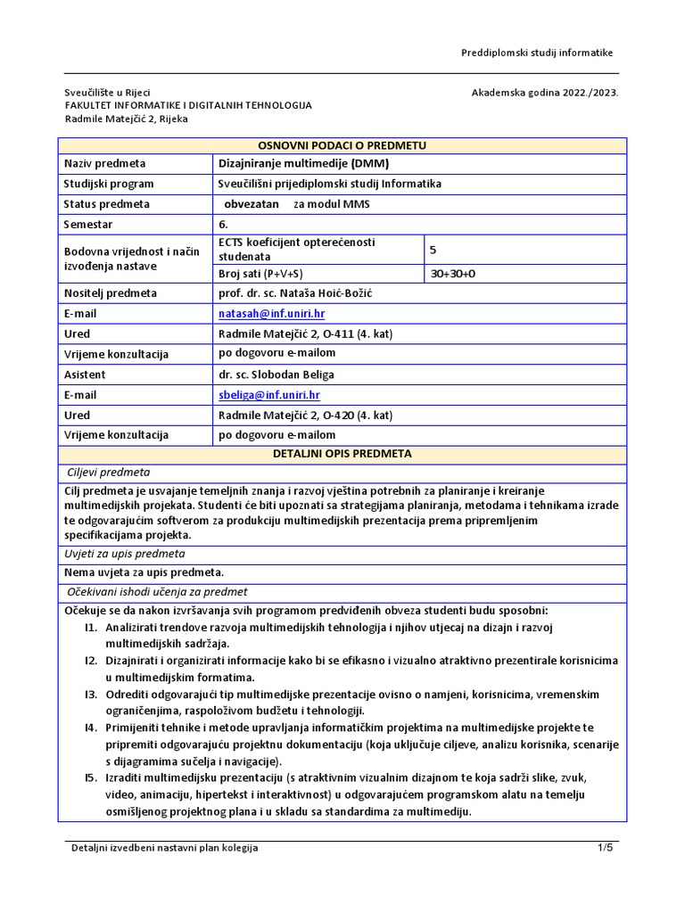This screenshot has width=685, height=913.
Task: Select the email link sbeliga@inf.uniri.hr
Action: (x=269, y=395)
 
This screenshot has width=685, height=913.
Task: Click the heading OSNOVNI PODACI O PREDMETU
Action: (x=342, y=145)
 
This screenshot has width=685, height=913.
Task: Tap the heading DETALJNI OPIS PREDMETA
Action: (x=342, y=454)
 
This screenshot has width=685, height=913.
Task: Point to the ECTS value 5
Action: (x=433, y=251)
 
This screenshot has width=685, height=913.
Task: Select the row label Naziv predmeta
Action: (x=104, y=164)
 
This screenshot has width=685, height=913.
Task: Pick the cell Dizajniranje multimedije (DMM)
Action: (x=304, y=164)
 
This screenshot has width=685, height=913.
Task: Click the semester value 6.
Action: (x=223, y=224)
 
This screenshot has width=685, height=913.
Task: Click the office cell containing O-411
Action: (x=305, y=334)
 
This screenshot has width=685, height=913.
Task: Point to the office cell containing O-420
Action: (x=305, y=415)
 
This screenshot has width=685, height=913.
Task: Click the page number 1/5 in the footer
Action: (x=606, y=848)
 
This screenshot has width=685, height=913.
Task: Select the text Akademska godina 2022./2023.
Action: (x=545, y=92)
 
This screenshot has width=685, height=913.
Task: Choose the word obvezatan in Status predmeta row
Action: (x=252, y=204)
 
